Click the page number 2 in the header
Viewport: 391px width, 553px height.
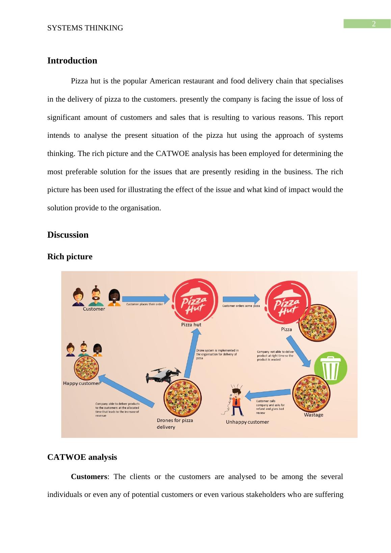374,24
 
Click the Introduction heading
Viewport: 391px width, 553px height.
72,61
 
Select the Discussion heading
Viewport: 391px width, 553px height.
68,235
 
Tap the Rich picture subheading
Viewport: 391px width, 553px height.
70,257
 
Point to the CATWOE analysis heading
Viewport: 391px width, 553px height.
82,457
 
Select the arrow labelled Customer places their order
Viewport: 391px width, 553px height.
146,298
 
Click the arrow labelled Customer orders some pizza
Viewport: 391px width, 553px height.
241,299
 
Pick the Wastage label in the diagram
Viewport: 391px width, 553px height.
314,415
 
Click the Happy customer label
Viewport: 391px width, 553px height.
82,384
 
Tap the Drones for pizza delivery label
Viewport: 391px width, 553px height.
175,424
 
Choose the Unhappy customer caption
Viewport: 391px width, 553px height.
247,422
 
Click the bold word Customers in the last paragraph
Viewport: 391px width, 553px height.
89,477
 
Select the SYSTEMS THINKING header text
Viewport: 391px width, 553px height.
85,28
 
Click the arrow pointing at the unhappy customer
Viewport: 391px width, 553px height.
268,394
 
